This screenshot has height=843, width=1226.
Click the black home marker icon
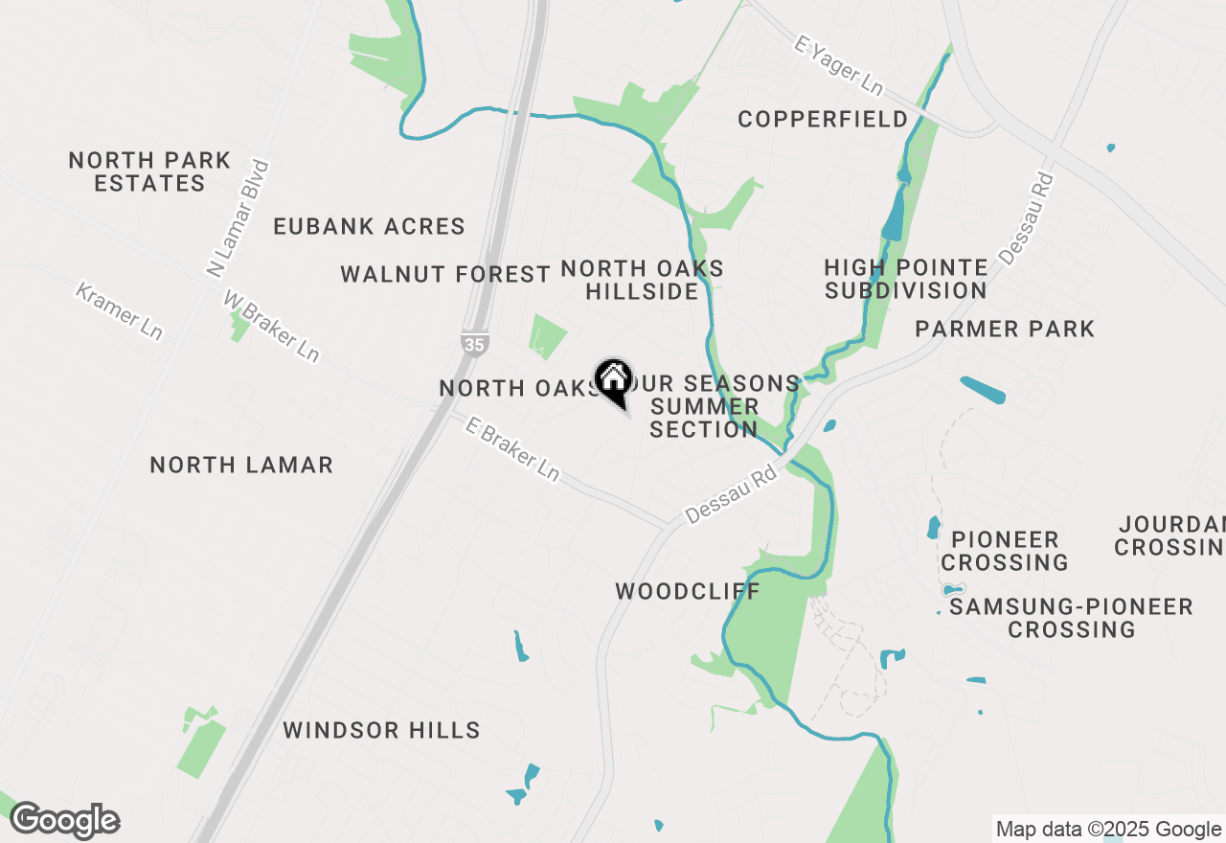pos(613,379)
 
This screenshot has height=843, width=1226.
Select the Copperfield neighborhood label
pos(823,120)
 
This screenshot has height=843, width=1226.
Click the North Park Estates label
pos(149,172)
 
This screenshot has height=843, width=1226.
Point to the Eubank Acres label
pos(369,227)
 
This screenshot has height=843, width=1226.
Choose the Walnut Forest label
pos(445,275)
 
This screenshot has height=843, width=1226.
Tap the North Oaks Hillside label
pos(642,280)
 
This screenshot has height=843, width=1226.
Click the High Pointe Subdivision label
pos(905,279)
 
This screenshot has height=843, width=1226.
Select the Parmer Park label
pos(1004,330)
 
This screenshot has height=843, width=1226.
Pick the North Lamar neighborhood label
pos(241,466)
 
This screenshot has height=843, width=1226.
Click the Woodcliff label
pos(688,591)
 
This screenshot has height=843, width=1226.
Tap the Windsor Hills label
pos(381,731)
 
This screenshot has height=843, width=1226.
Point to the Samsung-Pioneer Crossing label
pos(1071,618)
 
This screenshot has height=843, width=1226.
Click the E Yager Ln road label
pos(838,65)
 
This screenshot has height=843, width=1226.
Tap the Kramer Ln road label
pos(119,309)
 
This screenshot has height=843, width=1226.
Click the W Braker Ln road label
pos(270,327)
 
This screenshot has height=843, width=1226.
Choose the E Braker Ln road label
pos(511,448)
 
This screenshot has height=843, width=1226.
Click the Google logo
pos(64,821)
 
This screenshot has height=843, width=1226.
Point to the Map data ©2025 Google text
pos(1108,830)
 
